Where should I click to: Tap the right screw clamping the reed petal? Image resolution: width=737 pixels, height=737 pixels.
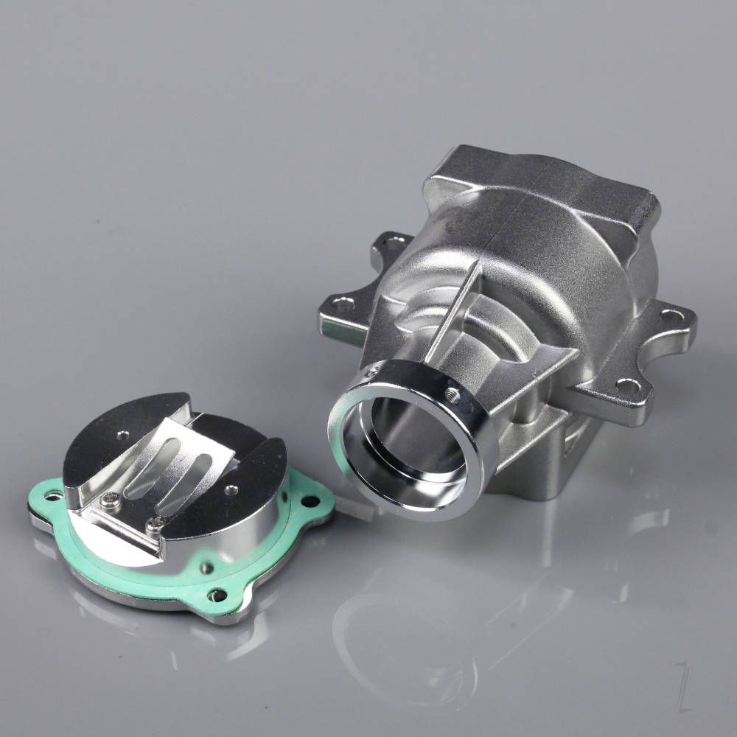click(x=156, y=524)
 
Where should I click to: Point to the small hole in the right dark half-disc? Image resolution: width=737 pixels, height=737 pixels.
click(x=232, y=489)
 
